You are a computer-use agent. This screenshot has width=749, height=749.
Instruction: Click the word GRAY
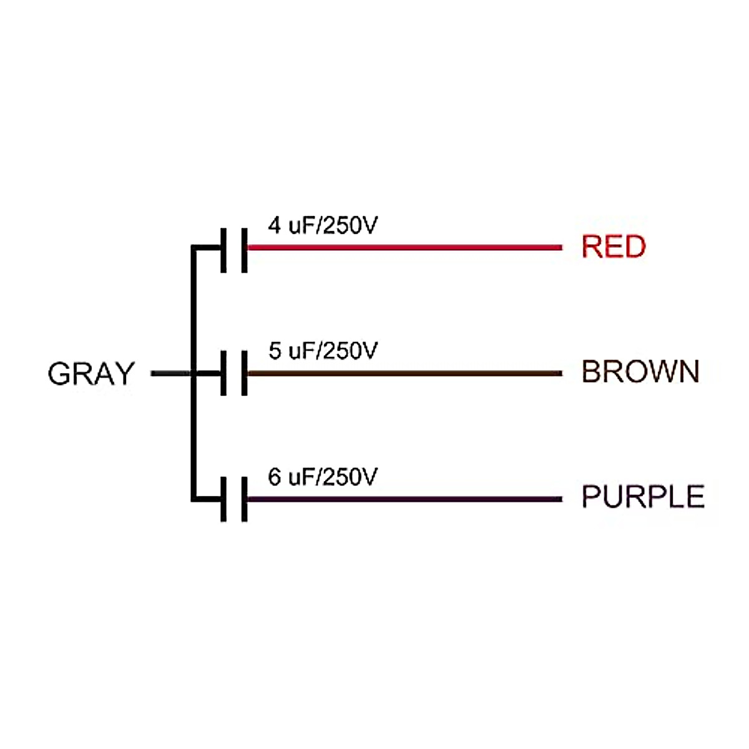click(91, 374)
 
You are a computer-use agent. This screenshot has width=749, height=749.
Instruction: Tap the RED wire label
click(614, 247)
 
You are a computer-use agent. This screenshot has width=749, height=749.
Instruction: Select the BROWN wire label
click(640, 372)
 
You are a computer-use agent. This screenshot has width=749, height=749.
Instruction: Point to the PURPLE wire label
click(643, 497)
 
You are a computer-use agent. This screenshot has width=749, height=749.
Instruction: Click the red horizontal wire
click(406, 248)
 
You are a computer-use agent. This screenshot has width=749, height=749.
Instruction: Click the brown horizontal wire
click(406, 374)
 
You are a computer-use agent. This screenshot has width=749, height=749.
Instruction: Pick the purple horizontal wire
click(406, 499)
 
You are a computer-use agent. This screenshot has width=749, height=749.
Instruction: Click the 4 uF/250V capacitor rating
click(323, 225)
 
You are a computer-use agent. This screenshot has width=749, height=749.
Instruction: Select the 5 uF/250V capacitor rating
click(323, 351)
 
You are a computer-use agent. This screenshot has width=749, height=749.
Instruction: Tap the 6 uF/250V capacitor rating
click(323, 477)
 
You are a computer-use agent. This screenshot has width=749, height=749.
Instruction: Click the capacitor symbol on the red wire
click(234, 250)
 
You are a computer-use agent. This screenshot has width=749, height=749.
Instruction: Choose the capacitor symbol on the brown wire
click(234, 374)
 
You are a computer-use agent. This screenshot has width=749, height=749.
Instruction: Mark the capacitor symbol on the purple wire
click(234, 499)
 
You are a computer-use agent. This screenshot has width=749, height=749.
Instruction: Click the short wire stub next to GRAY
click(170, 374)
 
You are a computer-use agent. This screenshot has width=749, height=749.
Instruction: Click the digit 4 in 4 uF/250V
click(275, 225)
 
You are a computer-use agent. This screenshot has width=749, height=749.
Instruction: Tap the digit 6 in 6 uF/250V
click(275, 477)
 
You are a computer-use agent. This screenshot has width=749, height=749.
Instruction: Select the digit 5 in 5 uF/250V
click(275, 351)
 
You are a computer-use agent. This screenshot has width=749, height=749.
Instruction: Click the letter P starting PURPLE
click(590, 497)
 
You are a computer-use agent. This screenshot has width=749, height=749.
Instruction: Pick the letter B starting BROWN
click(590, 372)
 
